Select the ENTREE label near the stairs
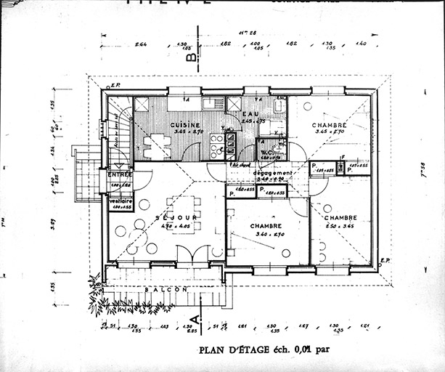coord(120,175)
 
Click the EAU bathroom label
coord(251,113)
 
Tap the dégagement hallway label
coord(273,173)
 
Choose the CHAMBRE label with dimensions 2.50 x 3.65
coord(340,218)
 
